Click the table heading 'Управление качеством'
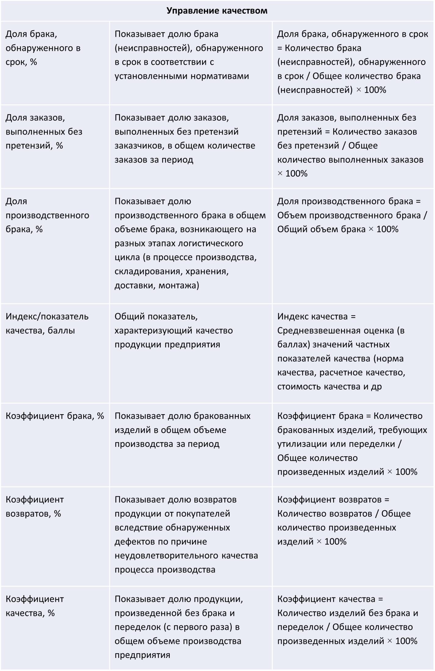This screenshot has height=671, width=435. [217, 11]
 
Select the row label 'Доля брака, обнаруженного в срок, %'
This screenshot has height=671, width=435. [43, 48]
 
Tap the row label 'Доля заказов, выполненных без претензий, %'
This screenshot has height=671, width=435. [44, 131]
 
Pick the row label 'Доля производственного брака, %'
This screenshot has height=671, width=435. [47, 215]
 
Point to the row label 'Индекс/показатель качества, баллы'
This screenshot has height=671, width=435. [47, 323]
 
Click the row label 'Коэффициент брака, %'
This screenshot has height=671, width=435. [55, 416]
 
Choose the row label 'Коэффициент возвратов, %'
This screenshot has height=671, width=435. [34, 506]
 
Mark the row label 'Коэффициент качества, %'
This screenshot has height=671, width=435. [34, 606]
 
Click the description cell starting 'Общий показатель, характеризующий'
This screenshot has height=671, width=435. [173, 330]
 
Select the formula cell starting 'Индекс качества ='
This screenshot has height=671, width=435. [341, 351]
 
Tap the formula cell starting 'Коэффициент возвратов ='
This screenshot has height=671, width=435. [344, 520]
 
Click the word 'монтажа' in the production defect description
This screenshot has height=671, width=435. [179, 285]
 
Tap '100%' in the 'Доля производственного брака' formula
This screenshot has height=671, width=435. [387, 229]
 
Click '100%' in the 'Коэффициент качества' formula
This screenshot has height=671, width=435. [406, 641]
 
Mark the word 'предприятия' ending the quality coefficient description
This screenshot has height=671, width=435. [142, 655]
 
